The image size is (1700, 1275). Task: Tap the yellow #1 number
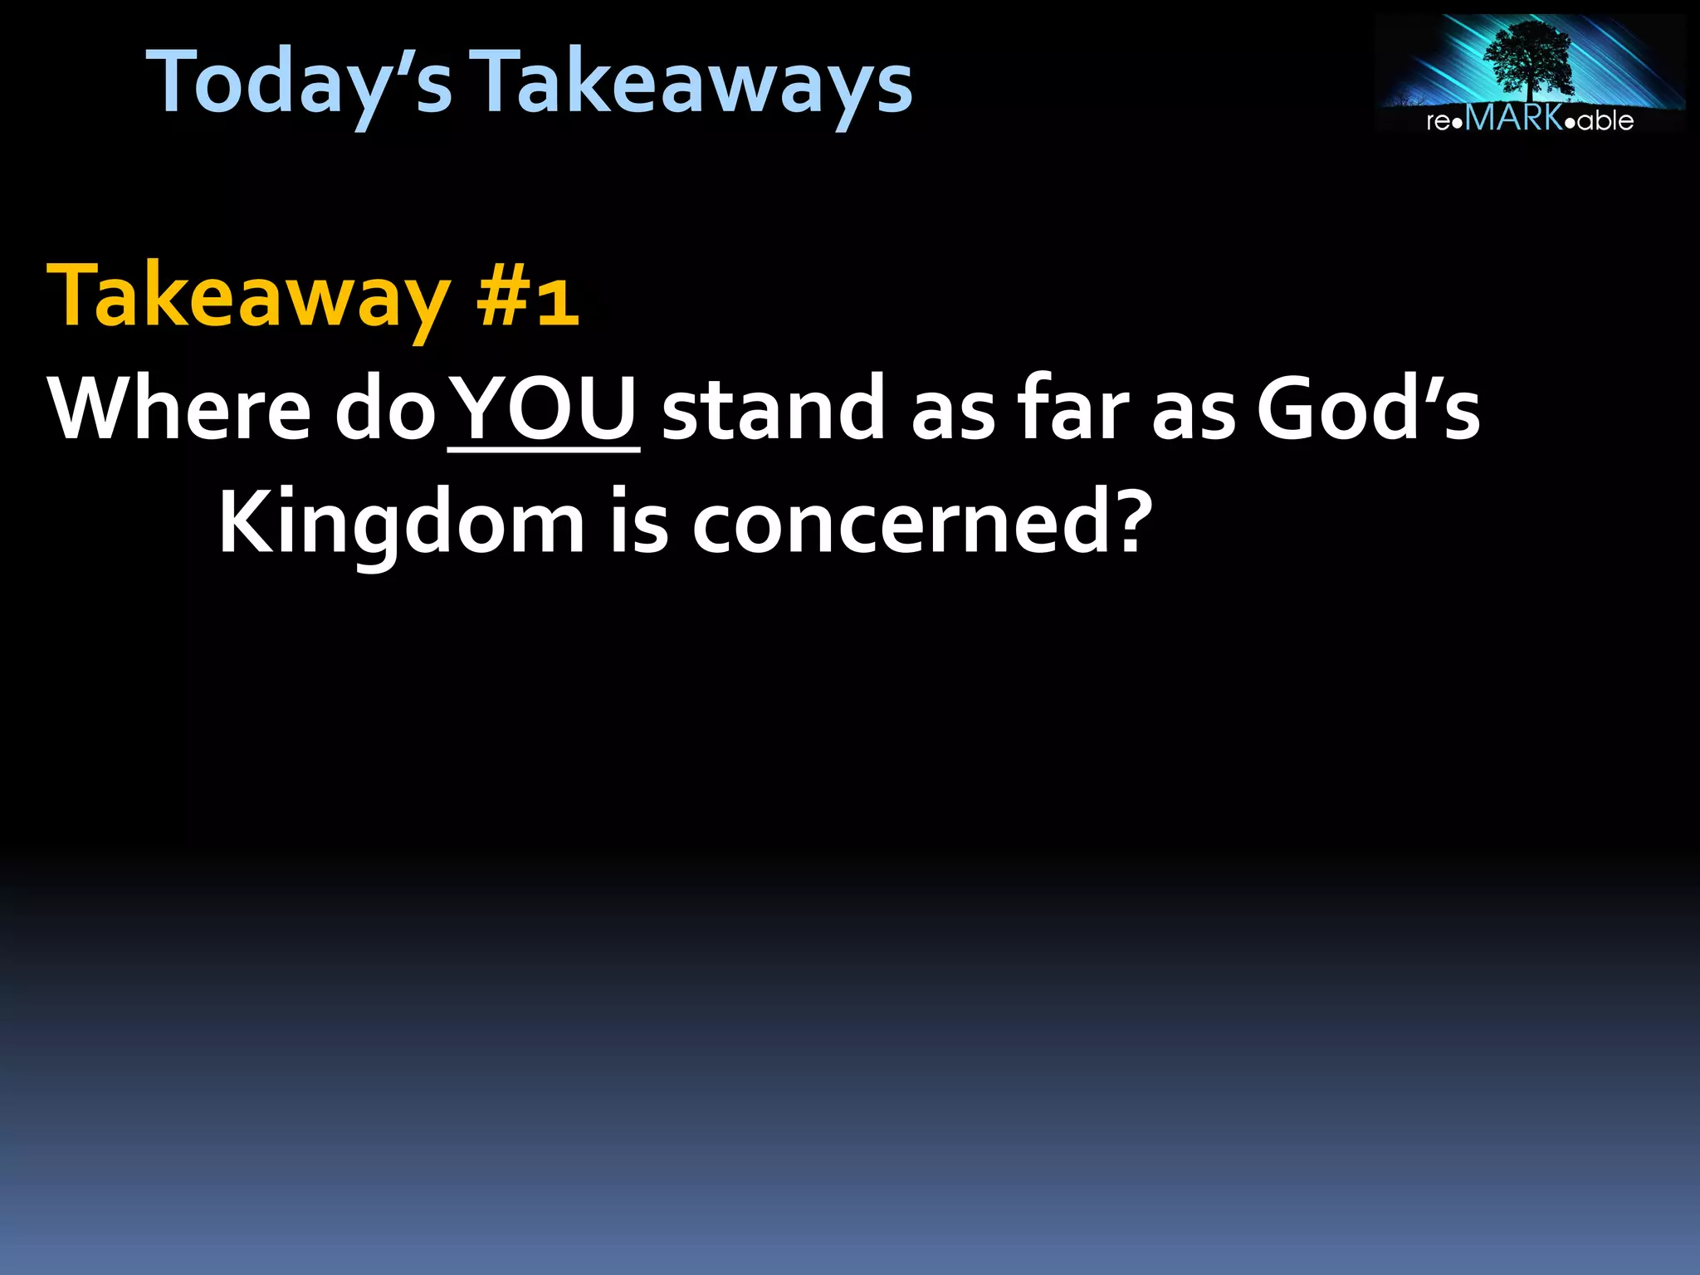click(x=527, y=299)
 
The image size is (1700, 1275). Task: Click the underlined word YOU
click(x=545, y=408)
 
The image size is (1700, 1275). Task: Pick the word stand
click(x=772, y=408)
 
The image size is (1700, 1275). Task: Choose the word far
click(x=1074, y=408)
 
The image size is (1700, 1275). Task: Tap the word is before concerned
click(x=639, y=523)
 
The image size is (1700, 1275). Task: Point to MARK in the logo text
click(x=1515, y=119)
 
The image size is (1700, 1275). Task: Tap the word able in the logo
click(x=1605, y=121)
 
